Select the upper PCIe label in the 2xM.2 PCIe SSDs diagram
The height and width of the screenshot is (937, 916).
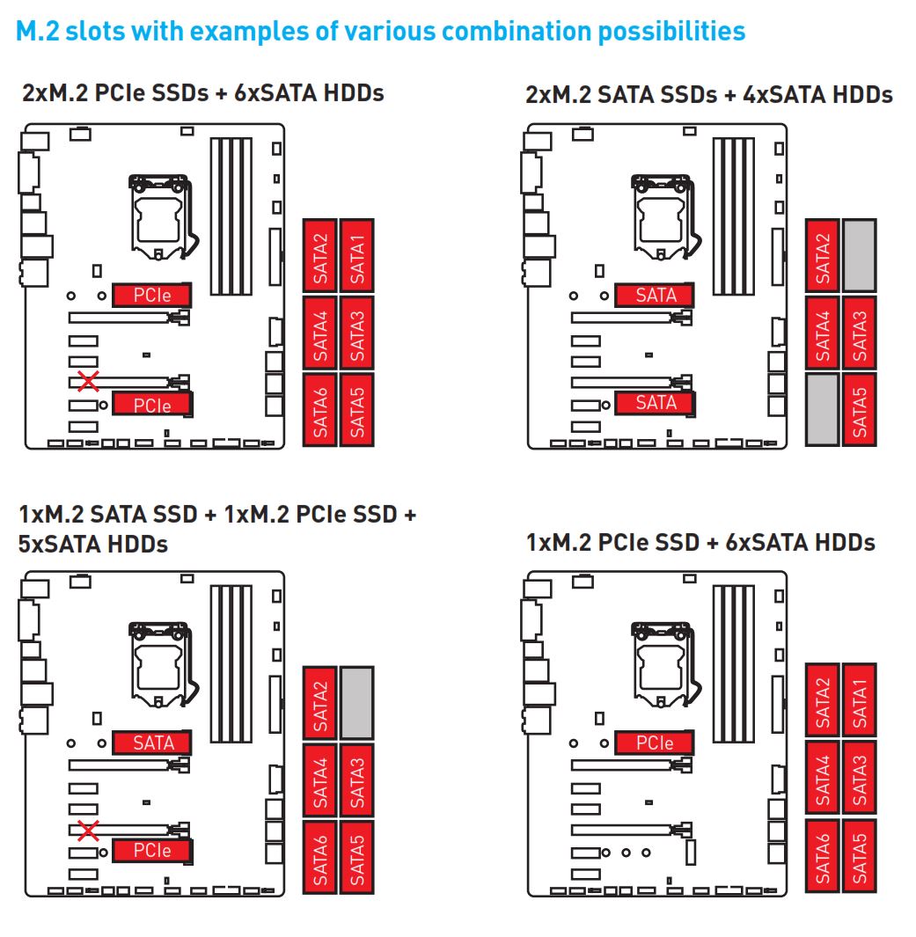pos(152,296)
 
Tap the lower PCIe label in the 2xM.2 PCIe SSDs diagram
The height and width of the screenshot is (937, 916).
pos(152,405)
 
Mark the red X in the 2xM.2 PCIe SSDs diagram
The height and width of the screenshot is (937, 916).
pos(87,381)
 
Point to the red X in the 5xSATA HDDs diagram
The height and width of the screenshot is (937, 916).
pos(87,829)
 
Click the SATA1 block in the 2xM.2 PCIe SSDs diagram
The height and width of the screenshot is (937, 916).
pos(356,255)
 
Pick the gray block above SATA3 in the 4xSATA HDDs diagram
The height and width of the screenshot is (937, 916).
pos(859,256)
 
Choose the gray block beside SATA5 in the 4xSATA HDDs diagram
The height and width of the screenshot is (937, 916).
pos(822,410)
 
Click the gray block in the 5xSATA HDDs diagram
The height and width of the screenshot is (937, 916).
pos(356,702)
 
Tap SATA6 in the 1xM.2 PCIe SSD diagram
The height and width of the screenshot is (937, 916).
pos(823,858)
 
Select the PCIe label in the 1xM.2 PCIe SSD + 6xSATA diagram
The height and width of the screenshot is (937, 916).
pos(655,743)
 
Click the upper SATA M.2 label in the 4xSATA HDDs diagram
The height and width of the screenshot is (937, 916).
pos(656,296)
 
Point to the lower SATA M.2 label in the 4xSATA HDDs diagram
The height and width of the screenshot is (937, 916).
pos(656,403)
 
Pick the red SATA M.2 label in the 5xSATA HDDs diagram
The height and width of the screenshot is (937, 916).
pos(152,743)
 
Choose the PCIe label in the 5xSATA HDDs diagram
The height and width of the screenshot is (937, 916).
pos(152,851)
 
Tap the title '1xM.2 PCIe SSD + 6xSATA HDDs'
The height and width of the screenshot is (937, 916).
pos(700,542)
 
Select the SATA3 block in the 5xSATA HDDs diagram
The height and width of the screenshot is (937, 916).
pos(356,780)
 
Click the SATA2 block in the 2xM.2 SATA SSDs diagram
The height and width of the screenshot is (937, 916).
pos(823,256)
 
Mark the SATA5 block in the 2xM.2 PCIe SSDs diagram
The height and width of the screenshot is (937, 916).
pos(356,410)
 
